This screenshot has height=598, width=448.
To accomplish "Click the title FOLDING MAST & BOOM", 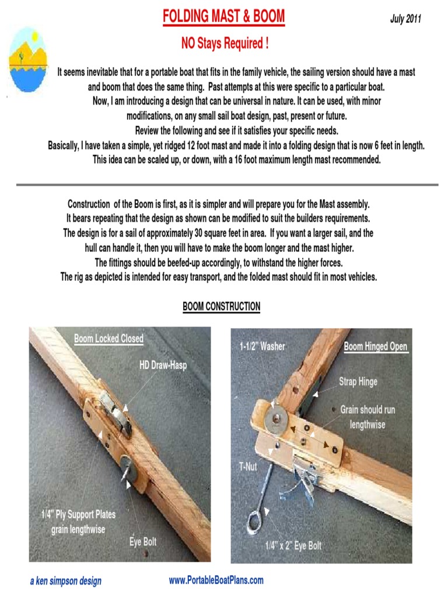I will click(223, 17).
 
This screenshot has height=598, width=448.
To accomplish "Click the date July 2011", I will click(405, 19).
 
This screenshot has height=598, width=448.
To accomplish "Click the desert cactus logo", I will click(27, 59).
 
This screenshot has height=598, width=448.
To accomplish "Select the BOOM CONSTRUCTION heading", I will click(221, 307).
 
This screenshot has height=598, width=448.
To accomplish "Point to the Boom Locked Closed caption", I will click(108, 339).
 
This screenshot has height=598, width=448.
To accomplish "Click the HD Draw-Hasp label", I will click(163, 366).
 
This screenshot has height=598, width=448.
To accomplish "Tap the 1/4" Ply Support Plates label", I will click(78, 522).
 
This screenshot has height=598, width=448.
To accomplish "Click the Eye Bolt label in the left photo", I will click(143, 542).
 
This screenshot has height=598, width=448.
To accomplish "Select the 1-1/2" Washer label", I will click(262, 346).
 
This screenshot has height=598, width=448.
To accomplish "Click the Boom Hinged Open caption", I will click(375, 346).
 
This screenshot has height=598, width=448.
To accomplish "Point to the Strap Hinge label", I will click(358, 382).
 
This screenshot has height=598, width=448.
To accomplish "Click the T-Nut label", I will click(248, 467).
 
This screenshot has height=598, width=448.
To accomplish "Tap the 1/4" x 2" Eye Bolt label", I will click(293, 546).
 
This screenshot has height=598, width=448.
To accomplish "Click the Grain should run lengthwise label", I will click(367, 417).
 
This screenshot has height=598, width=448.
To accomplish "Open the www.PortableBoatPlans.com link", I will click(216, 580).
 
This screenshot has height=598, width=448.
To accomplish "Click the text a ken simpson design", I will click(65, 581).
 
